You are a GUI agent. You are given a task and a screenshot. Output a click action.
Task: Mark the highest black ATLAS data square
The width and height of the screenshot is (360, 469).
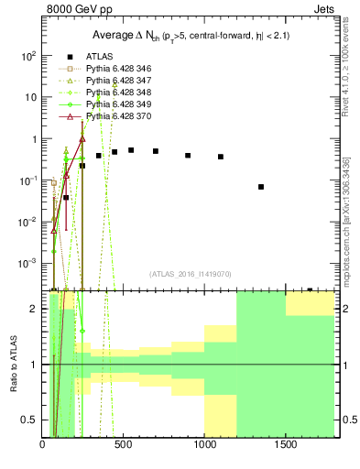coord(131,150)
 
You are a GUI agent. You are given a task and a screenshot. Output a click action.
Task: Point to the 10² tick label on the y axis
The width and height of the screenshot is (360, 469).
coord(28,56)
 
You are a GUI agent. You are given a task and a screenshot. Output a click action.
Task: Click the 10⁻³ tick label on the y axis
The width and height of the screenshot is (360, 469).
coord(28,264)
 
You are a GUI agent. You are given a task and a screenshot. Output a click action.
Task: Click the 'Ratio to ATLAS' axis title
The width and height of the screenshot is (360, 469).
coord(14,365)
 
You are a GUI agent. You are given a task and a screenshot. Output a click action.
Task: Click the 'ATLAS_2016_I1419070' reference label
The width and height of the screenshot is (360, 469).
coord(190,274)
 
